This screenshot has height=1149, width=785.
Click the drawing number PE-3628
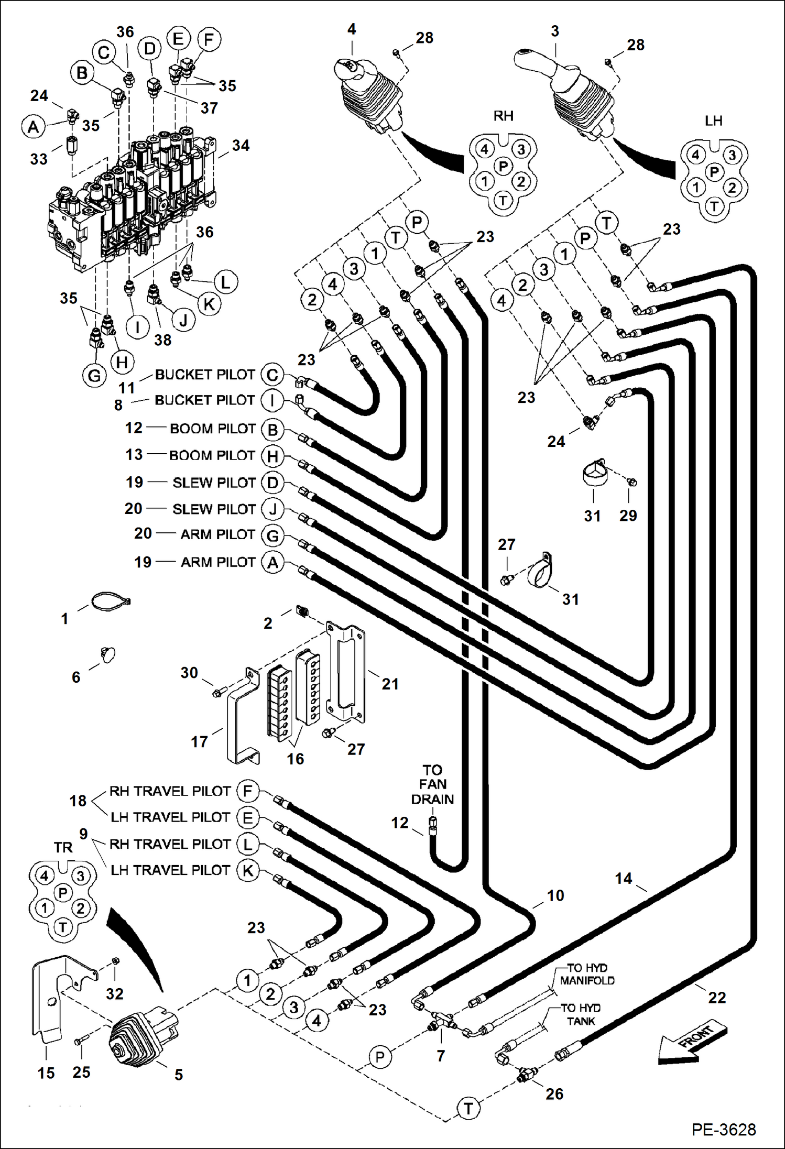(x=723, y=1129)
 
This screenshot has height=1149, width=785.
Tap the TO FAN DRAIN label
(x=432, y=784)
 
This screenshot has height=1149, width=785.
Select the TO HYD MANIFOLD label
(x=586, y=974)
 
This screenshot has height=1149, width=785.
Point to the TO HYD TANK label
(x=580, y=1014)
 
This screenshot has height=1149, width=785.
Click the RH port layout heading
(x=503, y=116)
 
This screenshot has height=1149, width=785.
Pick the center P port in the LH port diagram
(x=714, y=171)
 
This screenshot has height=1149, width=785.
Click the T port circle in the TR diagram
(x=63, y=927)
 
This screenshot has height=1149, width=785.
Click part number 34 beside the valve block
(x=241, y=145)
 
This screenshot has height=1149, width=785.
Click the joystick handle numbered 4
(x=367, y=94)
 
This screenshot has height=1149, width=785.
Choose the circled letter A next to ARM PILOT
(x=272, y=563)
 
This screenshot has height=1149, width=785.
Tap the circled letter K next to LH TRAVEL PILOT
(x=247, y=870)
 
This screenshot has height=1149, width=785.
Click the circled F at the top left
(x=209, y=39)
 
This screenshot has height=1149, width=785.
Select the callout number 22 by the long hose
(x=717, y=998)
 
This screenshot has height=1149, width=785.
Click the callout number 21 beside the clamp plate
(x=390, y=684)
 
